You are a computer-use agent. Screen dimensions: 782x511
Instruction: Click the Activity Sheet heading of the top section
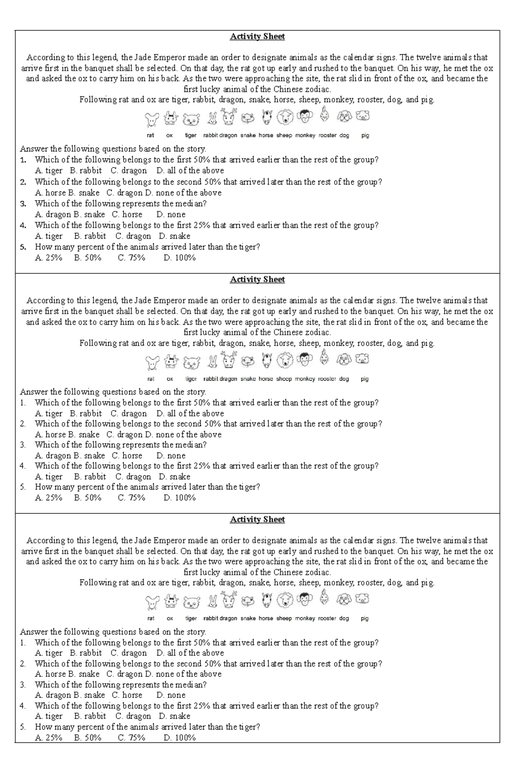pyautogui.click(x=257, y=37)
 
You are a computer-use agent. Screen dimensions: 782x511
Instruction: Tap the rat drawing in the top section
pyautogui.click(x=151, y=119)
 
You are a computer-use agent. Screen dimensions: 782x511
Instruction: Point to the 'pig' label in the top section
pyautogui.click(x=365, y=136)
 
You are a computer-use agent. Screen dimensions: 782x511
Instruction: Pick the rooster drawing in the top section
pyautogui.click(x=325, y=114)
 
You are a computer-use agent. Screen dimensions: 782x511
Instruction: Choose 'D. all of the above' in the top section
pyautogui.click(x=190, y=170)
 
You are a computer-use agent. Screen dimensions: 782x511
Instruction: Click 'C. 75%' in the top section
pyautogui.click(x=132, y=258)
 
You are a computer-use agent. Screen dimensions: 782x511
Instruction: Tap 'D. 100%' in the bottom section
pyautogui.click(x=179, y=738)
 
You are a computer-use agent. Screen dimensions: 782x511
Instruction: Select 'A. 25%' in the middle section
pyautogui.click(x=49, y=498)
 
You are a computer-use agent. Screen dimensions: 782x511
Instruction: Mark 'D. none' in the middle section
pyautogui.click(x=171, y=456)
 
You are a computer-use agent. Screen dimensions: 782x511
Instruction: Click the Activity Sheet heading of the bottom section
pyautogui.click(x=257, y=519)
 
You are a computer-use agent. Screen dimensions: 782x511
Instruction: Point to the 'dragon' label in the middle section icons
pyautogui.click(x=228, y=379)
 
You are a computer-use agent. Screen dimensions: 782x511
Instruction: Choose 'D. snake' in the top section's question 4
pyautogui.click(x=175, y=236)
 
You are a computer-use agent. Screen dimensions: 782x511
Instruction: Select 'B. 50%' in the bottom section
pyautogui.click(x=88, y=738)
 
